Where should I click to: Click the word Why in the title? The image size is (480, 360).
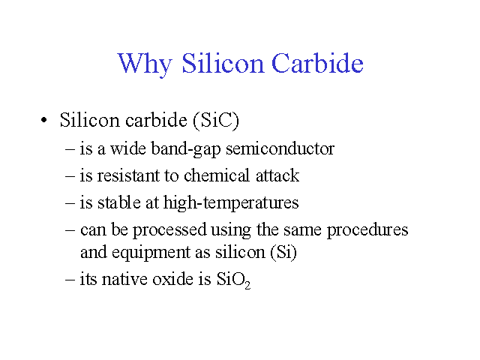click(145, 64)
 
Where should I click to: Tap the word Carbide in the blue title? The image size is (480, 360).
click(317, 63)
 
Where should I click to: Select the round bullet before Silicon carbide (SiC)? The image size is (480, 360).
click(44, 120)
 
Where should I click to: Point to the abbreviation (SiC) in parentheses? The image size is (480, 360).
click(216, 120)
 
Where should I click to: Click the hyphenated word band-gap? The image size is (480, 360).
click(186, 149)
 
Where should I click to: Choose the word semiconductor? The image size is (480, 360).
click(280, 148)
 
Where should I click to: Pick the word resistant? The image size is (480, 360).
click(129, 175)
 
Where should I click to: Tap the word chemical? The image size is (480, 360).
click(217, 175)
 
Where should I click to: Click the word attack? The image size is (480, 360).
click(277, 175)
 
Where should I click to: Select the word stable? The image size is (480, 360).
click(119, 202)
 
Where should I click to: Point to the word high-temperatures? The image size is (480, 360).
click(231, 203)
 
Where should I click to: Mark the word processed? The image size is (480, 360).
click(169, 230)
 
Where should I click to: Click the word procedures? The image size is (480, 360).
click(367, 230)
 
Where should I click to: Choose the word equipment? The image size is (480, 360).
click(151, 253)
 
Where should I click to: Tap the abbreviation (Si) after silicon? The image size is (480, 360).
click(283, 252)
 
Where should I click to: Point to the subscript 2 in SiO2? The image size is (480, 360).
click(247, 285)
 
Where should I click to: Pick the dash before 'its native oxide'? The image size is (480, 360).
click(70, 279)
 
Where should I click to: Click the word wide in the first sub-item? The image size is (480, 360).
click(128, 148)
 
